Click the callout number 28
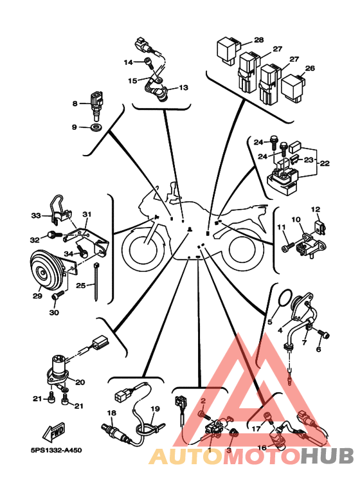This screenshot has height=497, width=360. point(259,40)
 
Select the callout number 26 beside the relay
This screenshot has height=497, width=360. point(310,68)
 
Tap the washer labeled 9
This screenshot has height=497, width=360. point(96,127)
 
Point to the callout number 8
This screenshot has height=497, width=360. point(75,104)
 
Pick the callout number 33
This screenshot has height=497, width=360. point(36,215)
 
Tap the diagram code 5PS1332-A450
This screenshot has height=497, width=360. point(57,450)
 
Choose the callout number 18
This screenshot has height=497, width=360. point(112,413)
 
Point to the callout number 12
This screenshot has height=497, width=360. point(316,209)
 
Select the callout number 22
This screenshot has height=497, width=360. point(325,163)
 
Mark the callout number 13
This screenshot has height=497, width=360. point(183,87)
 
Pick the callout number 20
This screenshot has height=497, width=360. point(80,383)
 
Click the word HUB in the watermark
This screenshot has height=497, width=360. point(327,456)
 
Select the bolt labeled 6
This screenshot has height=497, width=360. point(324,334)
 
